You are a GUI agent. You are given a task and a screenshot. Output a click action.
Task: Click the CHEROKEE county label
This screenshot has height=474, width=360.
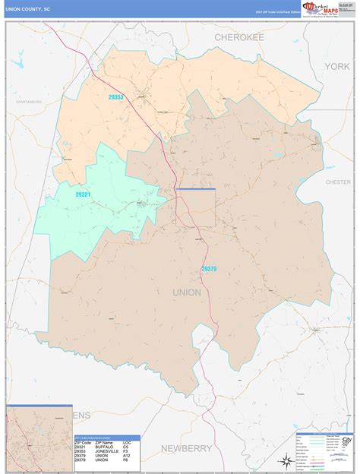[x=238, y=36]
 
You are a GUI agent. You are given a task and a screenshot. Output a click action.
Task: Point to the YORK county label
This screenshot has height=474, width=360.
[x=336, y=67]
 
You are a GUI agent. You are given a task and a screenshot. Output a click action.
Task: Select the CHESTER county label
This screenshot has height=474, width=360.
[x=339, y=182]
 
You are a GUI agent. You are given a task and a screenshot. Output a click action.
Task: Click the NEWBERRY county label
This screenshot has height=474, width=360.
[x=187, y=448]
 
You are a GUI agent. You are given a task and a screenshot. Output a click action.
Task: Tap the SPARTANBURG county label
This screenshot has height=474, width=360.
[x=27, y=100]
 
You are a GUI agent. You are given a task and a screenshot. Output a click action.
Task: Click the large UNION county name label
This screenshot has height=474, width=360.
[x=187, y=292]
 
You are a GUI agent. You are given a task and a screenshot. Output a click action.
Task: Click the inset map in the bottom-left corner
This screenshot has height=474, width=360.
[x=39, y=439]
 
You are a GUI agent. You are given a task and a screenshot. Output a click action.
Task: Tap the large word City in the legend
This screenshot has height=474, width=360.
[x=348, y=439]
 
